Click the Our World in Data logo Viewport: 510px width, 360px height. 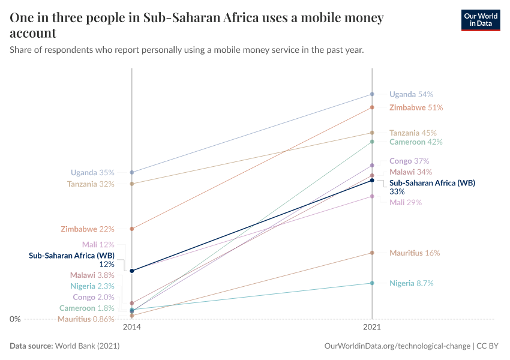480,20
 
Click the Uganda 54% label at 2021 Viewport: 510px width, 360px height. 411,94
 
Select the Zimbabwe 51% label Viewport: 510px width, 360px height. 416,107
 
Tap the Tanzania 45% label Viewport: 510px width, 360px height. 413,133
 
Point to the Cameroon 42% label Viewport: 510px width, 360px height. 416,142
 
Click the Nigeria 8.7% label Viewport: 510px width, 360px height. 411,283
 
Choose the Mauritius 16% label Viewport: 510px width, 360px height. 415,253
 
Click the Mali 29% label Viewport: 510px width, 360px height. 406,203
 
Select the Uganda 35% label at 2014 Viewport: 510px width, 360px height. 92,173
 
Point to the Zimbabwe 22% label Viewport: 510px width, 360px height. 88,229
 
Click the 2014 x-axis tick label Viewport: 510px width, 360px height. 132,328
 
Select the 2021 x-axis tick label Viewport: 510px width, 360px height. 372,328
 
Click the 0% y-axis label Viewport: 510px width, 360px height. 14,319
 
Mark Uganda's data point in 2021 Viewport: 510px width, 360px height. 372,94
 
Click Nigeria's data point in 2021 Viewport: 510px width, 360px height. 372,283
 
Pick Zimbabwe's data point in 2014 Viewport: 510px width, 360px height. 132,229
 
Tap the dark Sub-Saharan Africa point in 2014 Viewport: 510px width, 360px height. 132,271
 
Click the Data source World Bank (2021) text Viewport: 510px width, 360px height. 65,346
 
